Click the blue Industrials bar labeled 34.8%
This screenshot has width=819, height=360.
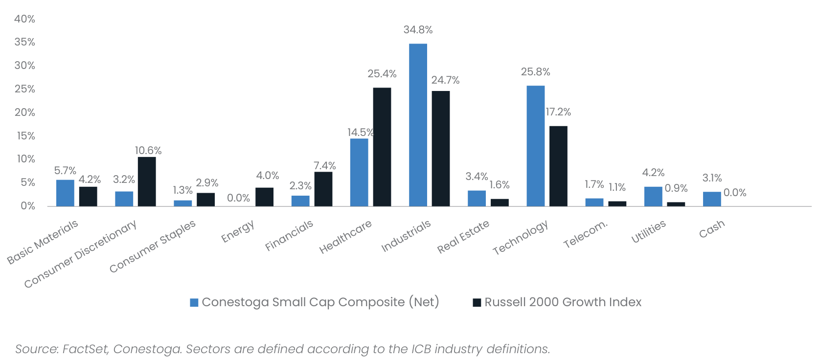point(418,125)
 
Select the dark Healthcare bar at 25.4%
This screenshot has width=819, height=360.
point(382,147)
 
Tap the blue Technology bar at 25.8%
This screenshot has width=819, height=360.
point(535,146)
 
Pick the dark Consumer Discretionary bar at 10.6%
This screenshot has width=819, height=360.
point(147,181)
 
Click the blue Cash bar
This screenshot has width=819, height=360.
point(712,199)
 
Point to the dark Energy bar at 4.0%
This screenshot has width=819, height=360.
point(264,197)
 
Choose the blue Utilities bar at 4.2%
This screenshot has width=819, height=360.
point(653,196)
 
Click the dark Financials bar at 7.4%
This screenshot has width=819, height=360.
point(323,189)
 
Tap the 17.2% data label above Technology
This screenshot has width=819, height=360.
point(558,112)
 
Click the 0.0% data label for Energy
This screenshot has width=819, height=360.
point(238,198)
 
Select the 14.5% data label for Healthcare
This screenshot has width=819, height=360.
point(361,133)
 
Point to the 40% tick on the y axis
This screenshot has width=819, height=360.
point(24,19)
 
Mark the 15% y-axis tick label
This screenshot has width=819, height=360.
point(26,136)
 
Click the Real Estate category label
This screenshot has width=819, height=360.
point(463,237)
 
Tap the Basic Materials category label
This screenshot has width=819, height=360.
point(43,242)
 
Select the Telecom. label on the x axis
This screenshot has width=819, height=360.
point(585,234)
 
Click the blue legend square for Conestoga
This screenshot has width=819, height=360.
point(194,303)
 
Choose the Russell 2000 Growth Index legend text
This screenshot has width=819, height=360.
point(563,302)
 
